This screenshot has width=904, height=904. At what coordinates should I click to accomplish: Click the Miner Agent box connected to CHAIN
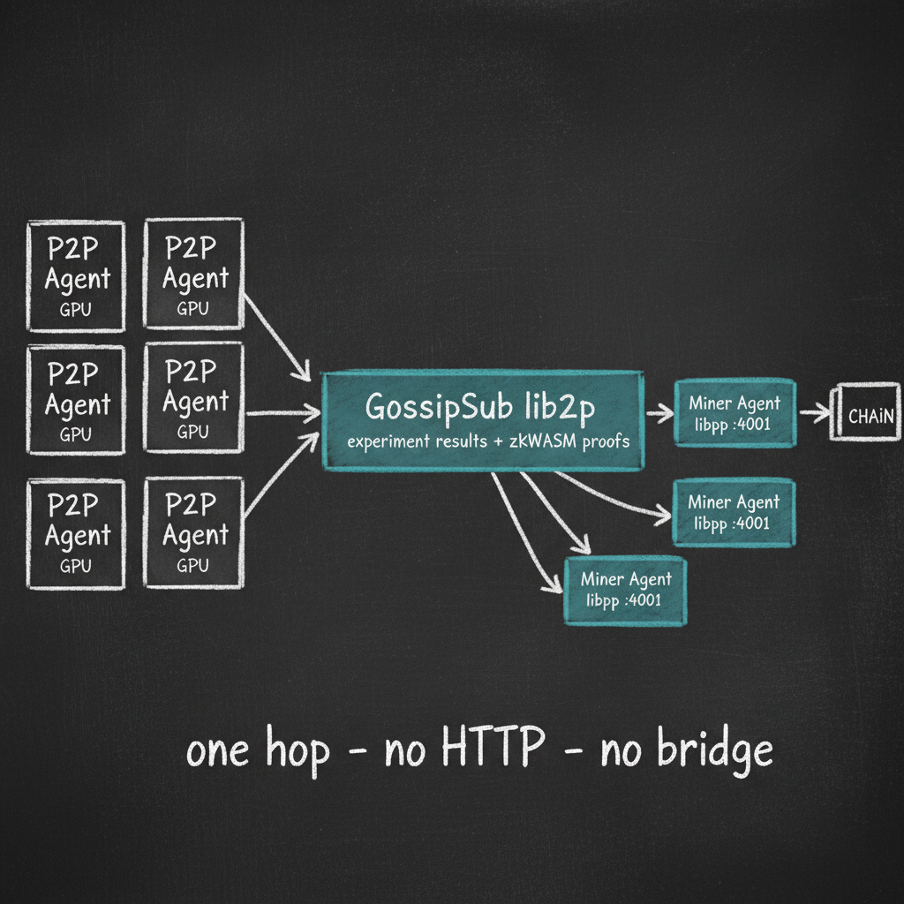tap(734, 412)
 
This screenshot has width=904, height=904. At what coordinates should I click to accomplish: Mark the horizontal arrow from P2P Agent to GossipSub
tap(281, 411)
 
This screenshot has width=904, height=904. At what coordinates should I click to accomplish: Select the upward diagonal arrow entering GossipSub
tap(281, 477)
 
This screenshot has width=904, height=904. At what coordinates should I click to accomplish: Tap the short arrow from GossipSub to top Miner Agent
tap(659, 411)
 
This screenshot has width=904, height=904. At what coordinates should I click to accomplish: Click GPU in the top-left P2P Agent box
tap(76, 310)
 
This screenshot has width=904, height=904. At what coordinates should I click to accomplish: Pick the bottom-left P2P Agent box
tap(76, 533)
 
